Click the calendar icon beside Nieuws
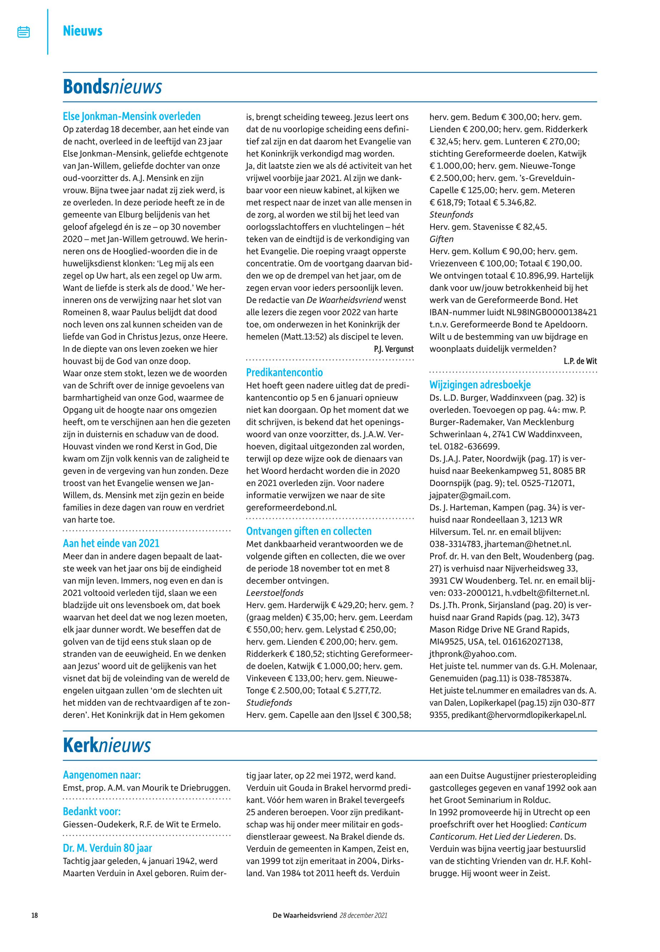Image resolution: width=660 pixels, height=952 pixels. tap(24, 32)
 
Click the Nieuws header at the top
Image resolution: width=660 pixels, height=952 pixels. tap(82, 31)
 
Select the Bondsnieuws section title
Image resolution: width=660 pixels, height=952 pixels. tap(112, 87)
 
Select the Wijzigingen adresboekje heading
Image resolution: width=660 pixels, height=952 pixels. tap(480, 385)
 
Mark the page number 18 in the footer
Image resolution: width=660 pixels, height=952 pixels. tap(35, 915)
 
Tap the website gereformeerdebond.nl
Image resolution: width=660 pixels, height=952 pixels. tap(291, 507)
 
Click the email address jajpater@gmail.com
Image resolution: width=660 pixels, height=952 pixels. tap(470, 495)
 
